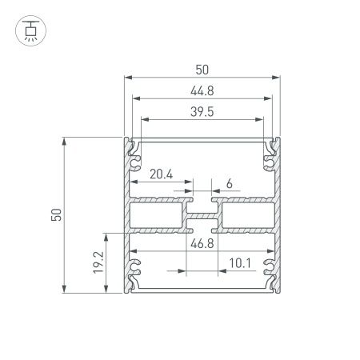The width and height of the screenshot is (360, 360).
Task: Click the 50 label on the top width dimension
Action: tap(204, 68)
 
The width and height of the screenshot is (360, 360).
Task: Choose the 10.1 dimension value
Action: tap(240, 262)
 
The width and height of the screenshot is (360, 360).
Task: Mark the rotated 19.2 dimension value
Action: tap(97, 263)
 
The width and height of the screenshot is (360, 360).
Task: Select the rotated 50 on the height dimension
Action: tap(55, 215)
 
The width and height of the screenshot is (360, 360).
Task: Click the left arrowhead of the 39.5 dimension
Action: tap(143, 119)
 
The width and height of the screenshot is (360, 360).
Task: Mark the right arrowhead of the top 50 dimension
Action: tap(281, 78)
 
